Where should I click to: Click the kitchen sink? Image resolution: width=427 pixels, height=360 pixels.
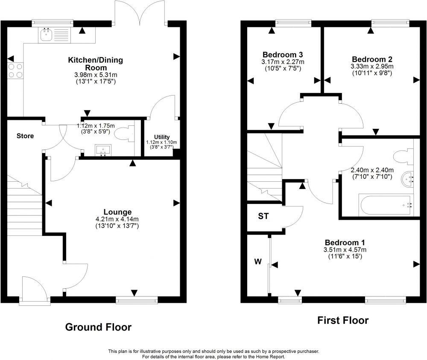46,35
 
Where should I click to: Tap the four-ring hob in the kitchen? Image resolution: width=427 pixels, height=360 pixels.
15,71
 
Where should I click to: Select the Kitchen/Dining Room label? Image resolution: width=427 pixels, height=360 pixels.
95,64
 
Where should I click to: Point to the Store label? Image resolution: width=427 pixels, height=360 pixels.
25,136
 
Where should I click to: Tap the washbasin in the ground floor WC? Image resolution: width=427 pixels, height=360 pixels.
102,151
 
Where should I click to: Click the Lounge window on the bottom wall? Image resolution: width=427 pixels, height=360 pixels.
137,301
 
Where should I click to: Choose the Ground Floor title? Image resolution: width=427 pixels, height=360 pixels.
98,327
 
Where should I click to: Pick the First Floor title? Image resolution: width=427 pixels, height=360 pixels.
342,320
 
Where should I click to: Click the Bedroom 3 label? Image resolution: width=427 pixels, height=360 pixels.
283,55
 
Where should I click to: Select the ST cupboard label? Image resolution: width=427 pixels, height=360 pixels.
263,216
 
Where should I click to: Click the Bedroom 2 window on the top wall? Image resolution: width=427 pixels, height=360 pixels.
390,23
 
